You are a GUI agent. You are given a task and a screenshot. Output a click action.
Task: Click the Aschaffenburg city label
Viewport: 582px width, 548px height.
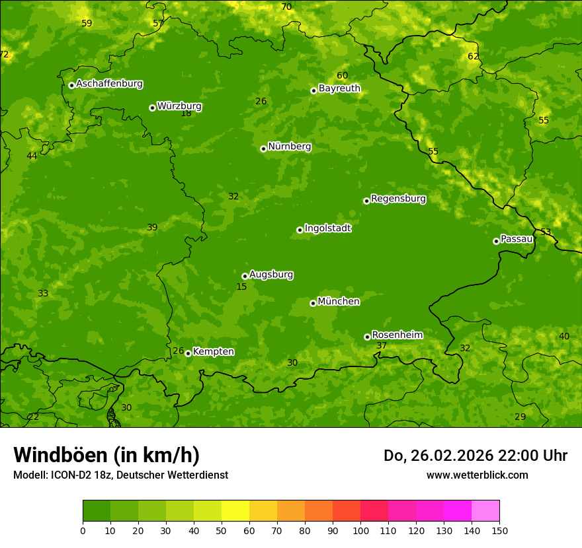tap(109, 84)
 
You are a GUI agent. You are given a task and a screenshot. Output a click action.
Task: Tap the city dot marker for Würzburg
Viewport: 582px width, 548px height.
tap(152, 108)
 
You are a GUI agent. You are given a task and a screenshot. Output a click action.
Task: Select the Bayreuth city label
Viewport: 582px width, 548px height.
tap(339, 88)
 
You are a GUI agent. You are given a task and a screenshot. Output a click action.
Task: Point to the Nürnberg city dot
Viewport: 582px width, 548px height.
tap(263, 149)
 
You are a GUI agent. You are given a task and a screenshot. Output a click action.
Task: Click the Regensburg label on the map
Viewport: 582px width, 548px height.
tap(398, 199)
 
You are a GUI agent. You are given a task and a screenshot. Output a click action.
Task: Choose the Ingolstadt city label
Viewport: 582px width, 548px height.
tap(327, 228)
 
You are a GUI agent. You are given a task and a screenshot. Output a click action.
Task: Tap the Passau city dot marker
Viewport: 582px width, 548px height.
tap(496, 241)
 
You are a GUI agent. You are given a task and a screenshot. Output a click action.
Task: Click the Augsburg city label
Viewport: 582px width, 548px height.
tap(271, 275)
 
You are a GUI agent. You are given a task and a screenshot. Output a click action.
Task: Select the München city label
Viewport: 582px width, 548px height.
tap(339, 302)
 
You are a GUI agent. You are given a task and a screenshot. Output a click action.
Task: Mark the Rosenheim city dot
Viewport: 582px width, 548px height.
tap(367, 337)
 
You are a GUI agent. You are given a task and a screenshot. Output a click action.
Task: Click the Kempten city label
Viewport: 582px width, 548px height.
tap(213, 352)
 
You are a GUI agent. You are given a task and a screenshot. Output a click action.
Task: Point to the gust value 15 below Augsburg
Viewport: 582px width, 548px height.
tap(241, 287)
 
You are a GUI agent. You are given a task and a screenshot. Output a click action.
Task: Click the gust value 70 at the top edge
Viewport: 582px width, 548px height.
tap(286, 7)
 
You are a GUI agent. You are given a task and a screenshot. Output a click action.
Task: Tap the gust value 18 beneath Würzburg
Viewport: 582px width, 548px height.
tap(187, 114)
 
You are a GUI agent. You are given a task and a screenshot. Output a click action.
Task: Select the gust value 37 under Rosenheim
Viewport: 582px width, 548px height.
tap(382, 346)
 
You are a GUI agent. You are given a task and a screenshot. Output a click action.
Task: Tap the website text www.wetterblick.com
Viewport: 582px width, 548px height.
tap(477, 475)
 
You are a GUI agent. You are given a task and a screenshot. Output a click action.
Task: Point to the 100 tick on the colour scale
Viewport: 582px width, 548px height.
tap(360, 530)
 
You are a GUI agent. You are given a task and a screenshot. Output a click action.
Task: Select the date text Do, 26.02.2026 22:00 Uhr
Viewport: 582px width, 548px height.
tap(475, 456)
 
